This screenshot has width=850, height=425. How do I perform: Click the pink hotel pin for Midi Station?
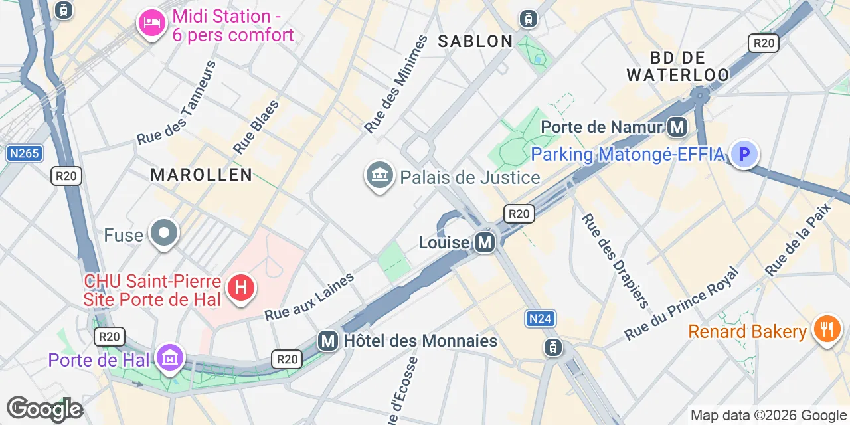(x=152, y=23)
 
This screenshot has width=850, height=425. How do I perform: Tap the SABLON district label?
(x=475, y=41)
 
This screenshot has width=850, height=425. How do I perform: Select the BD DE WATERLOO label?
(x=677, y=66)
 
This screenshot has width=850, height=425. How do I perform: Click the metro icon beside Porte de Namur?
(x=677, y=126)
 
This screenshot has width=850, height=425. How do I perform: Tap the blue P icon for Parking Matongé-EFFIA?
(x=744, y=154)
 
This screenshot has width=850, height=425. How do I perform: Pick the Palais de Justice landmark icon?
(x=380, y=175)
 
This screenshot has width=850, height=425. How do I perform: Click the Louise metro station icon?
(x=485, y=242)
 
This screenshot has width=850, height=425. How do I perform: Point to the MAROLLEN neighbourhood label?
(x=201, y=175)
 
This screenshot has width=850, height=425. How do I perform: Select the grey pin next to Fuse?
(x=164, y=233)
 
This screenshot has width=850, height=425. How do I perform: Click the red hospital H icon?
(x=240, y=288)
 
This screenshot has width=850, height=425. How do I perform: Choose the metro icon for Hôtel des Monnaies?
(x=327, y=341)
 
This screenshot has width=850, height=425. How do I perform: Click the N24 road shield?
(x=540, y=319)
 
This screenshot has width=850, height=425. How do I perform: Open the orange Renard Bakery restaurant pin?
(x=827, y=329)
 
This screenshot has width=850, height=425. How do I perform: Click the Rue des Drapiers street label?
(x=615, y=261)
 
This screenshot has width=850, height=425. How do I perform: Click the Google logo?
(x=44, y=409)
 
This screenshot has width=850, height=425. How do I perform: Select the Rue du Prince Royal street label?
(x=681, y=303)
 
